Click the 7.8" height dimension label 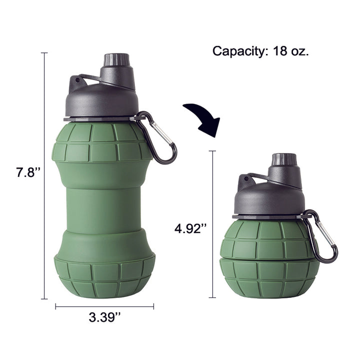point(28,172)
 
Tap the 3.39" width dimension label point(104,317)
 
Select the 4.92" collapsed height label point(190,228)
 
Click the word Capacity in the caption point(239,51)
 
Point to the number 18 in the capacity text point(280,51)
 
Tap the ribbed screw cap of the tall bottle point(116,59)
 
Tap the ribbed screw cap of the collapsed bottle point(284,159)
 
